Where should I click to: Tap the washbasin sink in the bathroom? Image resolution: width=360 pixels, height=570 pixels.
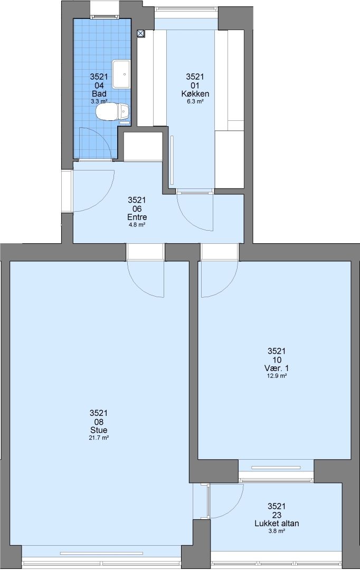pos(121,74)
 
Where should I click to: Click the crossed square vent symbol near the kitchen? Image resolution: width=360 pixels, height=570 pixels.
pos(141,33)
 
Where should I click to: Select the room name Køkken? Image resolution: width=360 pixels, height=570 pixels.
pos(195,94)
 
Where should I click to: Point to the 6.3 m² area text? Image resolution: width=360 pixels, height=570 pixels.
pos(195,102)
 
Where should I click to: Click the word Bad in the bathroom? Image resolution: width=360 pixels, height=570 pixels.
pos(99,94)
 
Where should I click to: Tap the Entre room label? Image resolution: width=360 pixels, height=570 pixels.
pos(137,217)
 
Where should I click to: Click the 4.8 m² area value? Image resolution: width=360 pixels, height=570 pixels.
pos(137,225)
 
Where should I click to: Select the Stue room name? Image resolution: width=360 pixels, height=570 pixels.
pos(99,430)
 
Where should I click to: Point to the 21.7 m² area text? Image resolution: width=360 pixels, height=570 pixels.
pos(99,438)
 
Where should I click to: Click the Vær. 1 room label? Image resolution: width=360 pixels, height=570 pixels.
pos(277,368)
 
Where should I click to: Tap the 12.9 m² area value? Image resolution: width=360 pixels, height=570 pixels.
pos(277,376)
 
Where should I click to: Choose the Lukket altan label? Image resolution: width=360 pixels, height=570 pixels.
pos(277,524)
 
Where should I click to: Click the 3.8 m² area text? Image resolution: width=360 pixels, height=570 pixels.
pos(277,531)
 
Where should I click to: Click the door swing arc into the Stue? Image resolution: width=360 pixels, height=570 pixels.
pos(138,286)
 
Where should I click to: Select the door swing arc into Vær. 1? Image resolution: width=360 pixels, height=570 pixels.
pos(228,286)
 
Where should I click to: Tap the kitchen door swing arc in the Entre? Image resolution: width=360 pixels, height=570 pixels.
pos(188,219)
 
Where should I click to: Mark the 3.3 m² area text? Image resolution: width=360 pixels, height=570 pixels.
pos(99,102)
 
